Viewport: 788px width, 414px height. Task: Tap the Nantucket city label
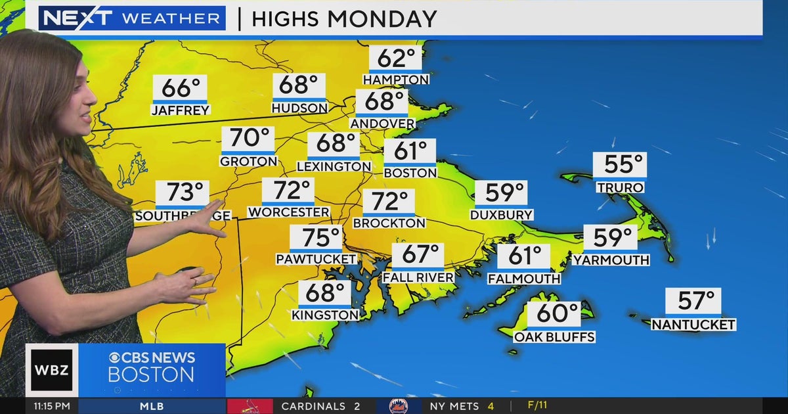coord(693,325)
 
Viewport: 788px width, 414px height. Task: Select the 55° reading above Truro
coord(620,165)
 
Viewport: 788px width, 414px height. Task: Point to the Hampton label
coord(396,80)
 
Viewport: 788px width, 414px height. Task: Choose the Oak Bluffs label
coord(554,337)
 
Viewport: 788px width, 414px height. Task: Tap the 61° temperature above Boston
coord(410,151)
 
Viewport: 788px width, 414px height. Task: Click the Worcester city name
coord(288,212)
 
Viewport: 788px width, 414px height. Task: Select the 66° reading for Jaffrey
coord(180,88)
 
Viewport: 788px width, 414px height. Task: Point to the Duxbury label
coord(501,215)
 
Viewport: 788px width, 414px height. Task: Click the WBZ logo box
coord(51,370)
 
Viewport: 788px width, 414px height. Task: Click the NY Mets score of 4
coord(491,406)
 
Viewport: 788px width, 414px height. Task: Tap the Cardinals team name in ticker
coord(313,406)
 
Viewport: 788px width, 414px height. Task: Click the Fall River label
coord(418,277)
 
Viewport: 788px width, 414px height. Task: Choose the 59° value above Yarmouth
coord(610,238)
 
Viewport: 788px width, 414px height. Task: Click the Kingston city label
coord(325,315)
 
